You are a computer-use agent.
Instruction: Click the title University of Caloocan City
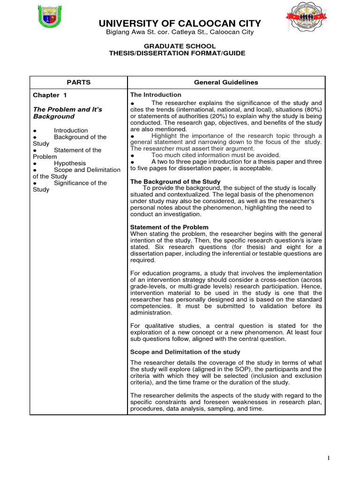tap(179, 24)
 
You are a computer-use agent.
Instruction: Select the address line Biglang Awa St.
tap(179, 32)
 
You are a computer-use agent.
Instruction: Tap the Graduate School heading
tap(180, 46)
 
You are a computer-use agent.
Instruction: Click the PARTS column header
tap(78, 82)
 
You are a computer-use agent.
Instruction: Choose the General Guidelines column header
tap(226, 82)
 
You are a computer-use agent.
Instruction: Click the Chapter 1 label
tap(46, 95)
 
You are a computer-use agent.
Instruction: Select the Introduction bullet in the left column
tap(70, 130)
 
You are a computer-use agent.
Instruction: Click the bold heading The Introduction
tap(156, 95)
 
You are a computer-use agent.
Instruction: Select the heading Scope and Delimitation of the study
tap(185, 352)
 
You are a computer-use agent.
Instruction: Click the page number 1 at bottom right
tap(329, 458)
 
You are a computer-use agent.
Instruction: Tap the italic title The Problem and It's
tap(67, 109)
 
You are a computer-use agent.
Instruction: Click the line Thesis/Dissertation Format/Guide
tap(180, 53)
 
